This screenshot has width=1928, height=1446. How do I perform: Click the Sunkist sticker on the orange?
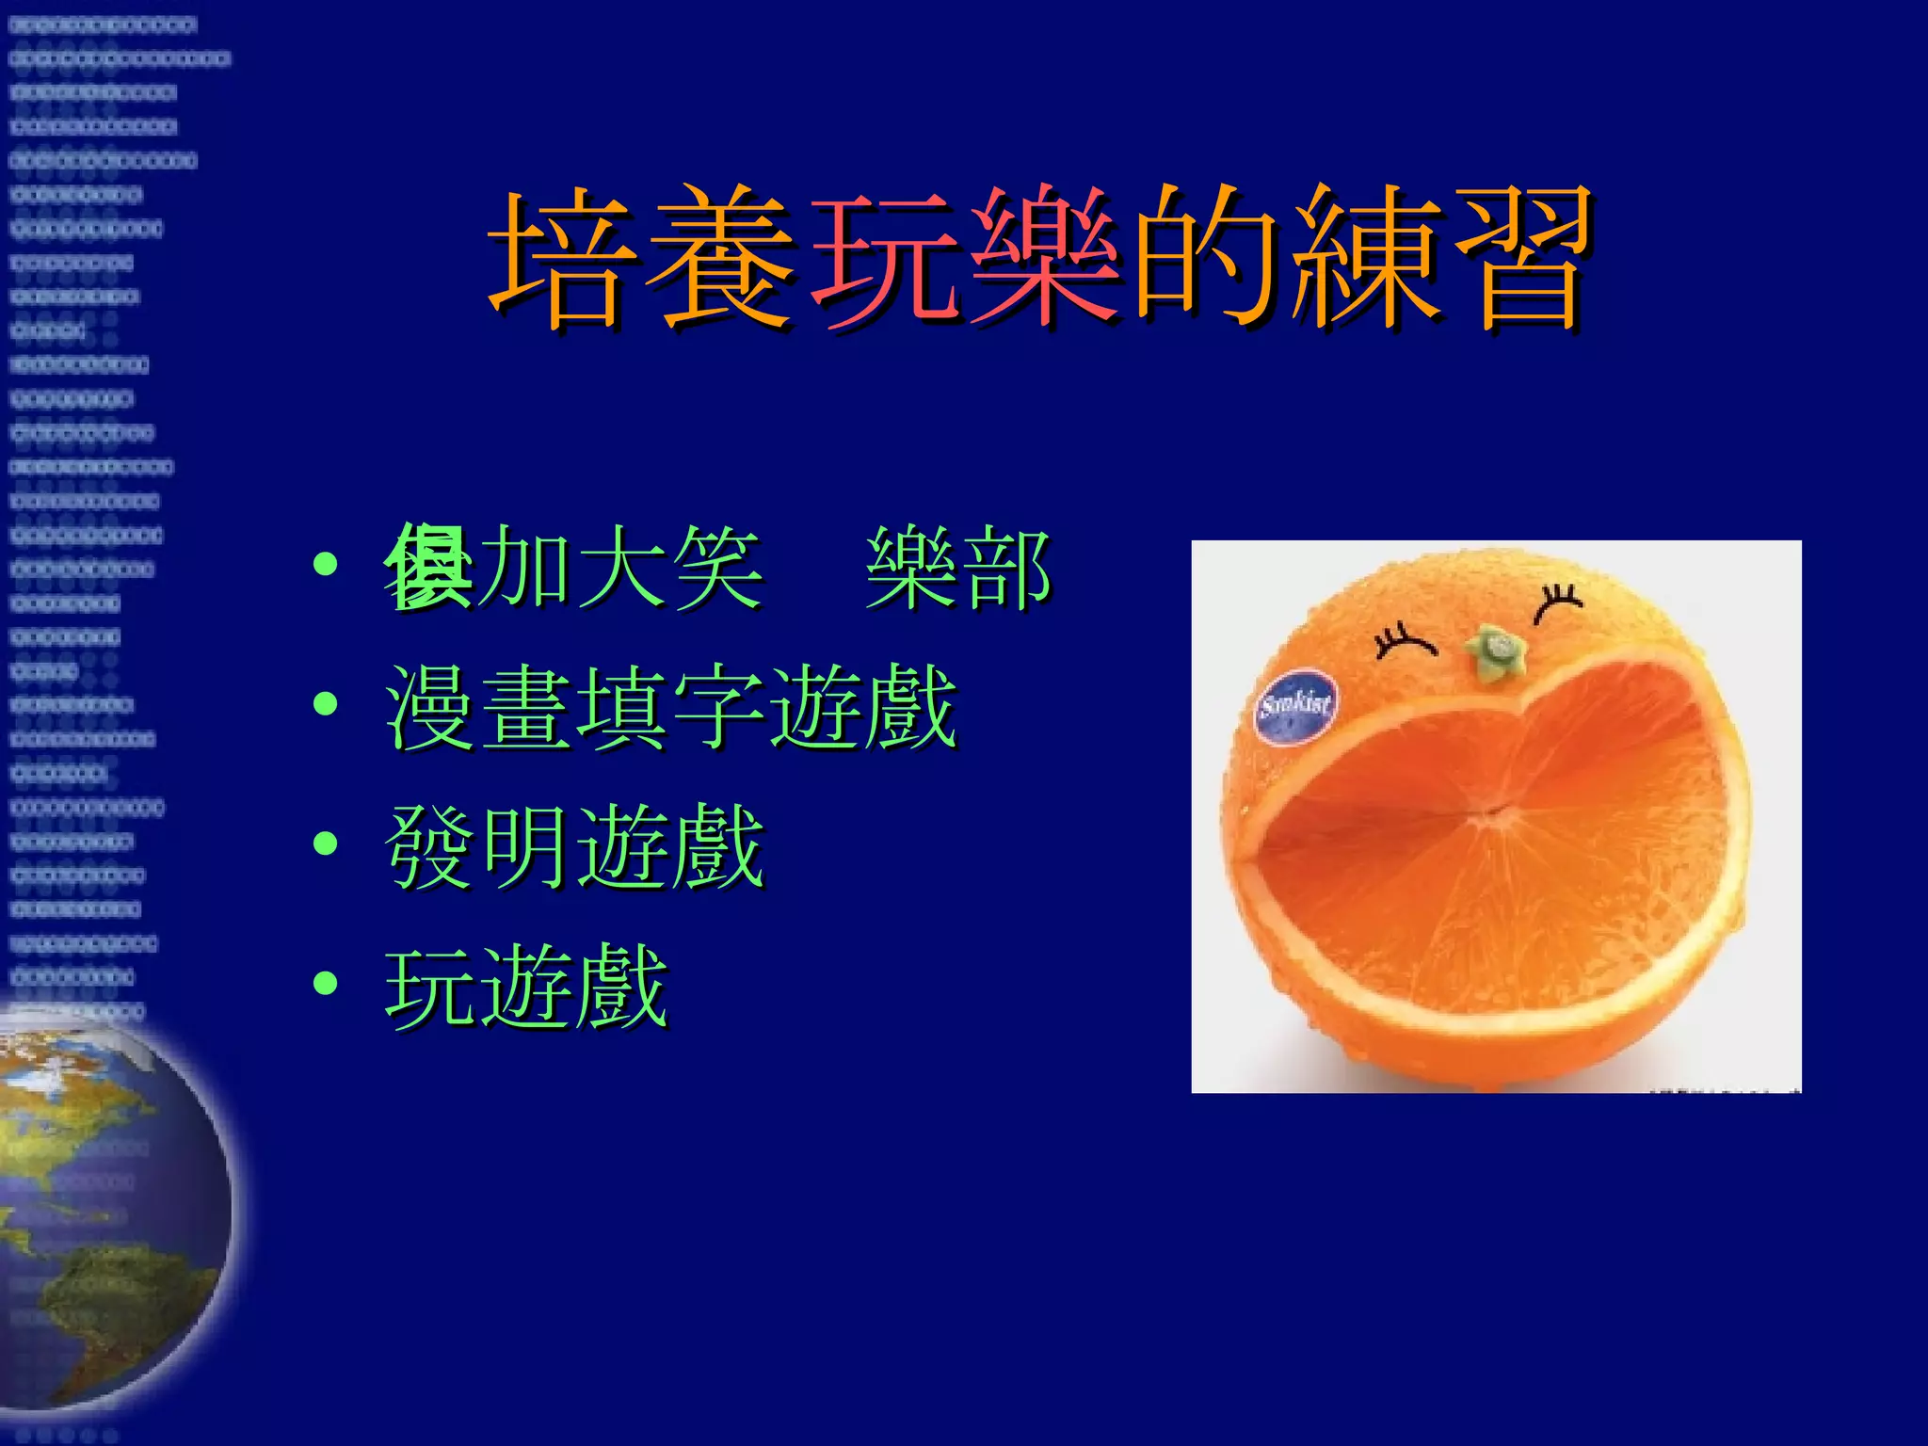click(x=1296, y=706)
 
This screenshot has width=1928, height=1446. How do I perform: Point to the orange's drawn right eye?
click(x=1558, y=602)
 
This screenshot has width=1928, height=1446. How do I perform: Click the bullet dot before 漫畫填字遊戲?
click(x=326, y=703)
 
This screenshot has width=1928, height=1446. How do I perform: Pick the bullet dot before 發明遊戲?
click(x=326, y=843)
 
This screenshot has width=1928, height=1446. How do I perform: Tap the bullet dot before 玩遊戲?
click(x=326, y=983)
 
